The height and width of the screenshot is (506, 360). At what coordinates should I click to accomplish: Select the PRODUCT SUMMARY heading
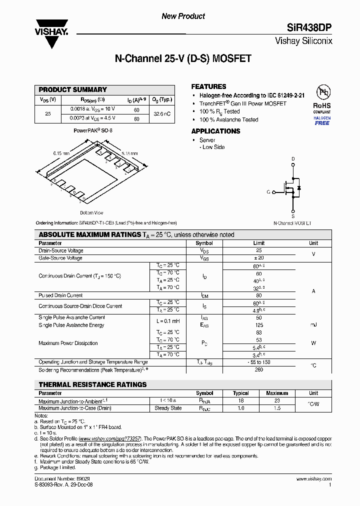click(72, 89)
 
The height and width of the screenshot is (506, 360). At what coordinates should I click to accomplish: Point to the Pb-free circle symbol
click(322, 92)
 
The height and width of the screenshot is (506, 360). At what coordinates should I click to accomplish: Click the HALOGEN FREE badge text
click(322, 120)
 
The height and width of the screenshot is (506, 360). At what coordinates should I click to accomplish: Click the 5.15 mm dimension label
click(129, 154)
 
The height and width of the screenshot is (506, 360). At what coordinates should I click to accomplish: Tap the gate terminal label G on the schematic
click(268, 192)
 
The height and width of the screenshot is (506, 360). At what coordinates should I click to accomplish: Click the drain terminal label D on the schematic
click(293, 158)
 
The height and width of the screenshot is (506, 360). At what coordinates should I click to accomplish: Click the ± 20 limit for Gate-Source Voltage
click(258, 258)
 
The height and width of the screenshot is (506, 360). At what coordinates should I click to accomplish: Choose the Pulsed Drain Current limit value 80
click(258, 295)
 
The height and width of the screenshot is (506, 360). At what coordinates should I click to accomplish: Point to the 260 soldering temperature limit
click(258, 370)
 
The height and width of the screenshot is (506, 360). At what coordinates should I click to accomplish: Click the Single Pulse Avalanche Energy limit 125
click(258, 325)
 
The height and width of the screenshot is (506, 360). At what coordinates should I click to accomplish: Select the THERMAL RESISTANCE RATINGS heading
click(92, 384)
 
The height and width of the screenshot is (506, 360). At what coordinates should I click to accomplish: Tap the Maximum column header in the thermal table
click(276, 393)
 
